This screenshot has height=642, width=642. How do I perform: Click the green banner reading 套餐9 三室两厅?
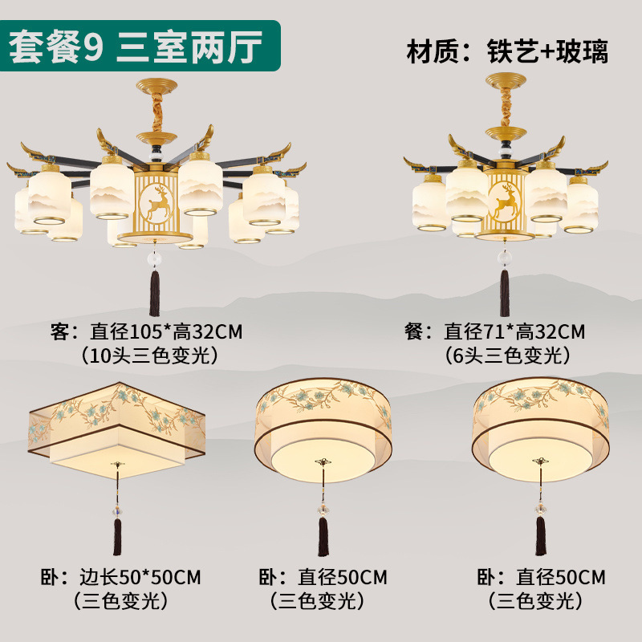140,46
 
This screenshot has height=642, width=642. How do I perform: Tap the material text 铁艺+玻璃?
547,51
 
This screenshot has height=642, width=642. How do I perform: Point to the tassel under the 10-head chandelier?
155,293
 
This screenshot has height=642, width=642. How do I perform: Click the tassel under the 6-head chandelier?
505,293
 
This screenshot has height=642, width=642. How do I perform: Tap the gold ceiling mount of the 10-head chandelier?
156,86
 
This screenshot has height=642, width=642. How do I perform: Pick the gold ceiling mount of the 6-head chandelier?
506,79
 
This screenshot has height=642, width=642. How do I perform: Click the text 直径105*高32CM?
166,331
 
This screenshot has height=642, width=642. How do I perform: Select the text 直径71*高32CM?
514,331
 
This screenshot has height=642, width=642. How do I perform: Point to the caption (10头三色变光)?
149,356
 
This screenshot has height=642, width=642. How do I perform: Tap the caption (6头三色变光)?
507,356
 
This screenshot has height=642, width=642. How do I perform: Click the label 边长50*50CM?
140,577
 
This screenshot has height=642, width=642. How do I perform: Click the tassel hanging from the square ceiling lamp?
117,536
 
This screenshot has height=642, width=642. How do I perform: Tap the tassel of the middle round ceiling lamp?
323,536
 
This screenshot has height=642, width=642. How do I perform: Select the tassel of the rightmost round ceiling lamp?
541,535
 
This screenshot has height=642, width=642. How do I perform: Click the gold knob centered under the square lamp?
118,465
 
